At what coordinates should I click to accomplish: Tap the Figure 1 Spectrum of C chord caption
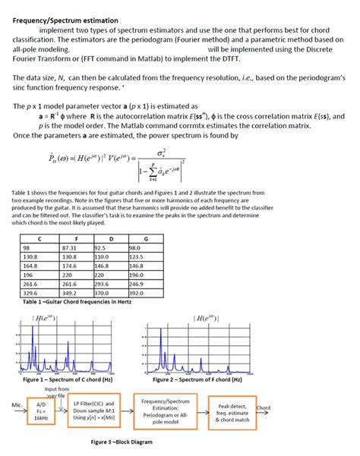point(69,379)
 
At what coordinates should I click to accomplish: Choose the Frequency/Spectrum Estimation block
point(164,410)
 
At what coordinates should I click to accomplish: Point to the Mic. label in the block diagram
point(10,405)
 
